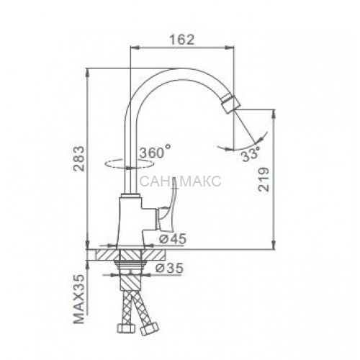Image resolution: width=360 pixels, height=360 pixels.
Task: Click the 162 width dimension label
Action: click(x=181, y=40)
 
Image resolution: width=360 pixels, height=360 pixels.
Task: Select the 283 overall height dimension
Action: click(x=79, y=158)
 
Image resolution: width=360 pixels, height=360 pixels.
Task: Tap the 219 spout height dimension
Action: click(x=264, y=179)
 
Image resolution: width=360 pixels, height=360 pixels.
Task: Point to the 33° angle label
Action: click(x=251, y=155)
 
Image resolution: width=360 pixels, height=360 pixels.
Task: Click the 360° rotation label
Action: click(x=155, y=151)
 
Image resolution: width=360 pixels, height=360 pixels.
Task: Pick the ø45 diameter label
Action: click(x=173, y=238)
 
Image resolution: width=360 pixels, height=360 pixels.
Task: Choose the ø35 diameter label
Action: click(x=169, y=268)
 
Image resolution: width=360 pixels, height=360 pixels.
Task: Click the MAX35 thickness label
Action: click(x=79, y=299)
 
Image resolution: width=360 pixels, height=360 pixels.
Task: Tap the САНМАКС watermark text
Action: click(x=180, y=181)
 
